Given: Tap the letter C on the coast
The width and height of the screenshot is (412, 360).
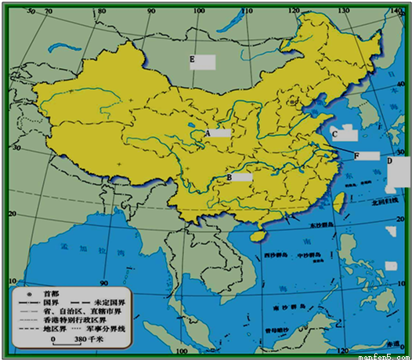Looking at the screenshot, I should click(x=334, y=135).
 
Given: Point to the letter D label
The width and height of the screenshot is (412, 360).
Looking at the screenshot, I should click(x=390, y=161).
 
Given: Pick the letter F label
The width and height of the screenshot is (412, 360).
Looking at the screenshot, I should click(x=357, y=156).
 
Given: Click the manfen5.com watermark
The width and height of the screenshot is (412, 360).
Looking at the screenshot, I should click(x=384, y=355).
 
